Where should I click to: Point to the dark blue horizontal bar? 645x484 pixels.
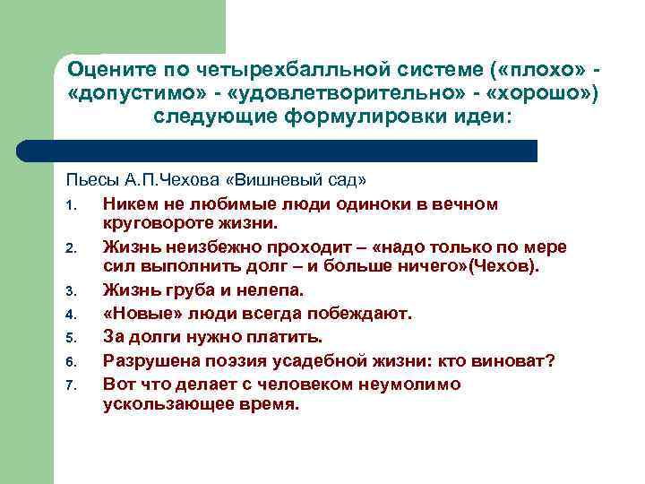(x=296, y=151)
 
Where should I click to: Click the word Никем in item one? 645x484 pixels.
(x=128, y=204)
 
